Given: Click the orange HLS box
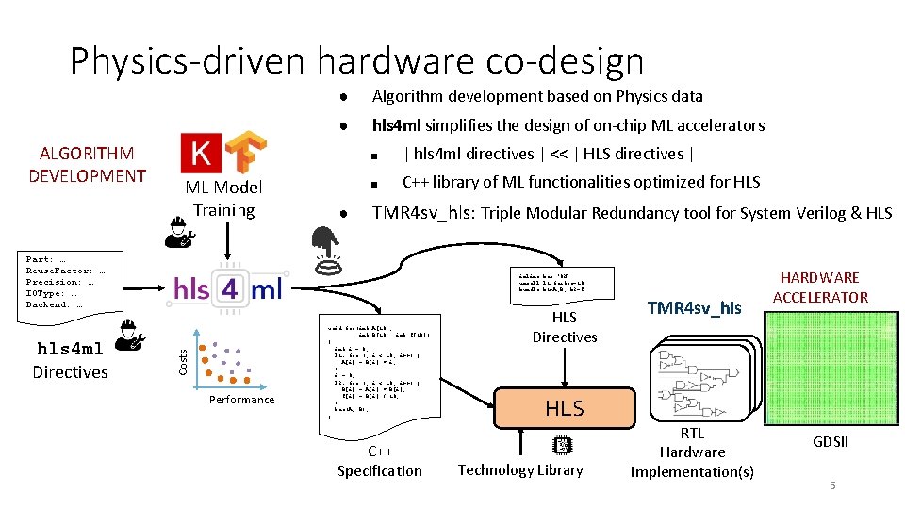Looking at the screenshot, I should point(564,407).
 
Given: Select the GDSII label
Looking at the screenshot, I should point(830,442).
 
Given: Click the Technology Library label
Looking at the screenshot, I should point(520,469).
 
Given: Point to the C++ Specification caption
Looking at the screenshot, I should point(380,461).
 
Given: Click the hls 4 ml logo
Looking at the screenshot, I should point(227,288).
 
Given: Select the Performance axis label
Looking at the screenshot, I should point(242,400).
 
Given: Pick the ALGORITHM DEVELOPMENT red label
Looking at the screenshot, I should point(87,164).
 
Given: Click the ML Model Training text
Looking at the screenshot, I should point(223,199).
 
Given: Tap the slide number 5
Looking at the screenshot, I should point(832,484).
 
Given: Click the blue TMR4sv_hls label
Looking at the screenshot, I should point(695,307).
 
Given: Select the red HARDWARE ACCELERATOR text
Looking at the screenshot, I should point(819,287).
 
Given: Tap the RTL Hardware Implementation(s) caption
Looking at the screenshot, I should point(692,452).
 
